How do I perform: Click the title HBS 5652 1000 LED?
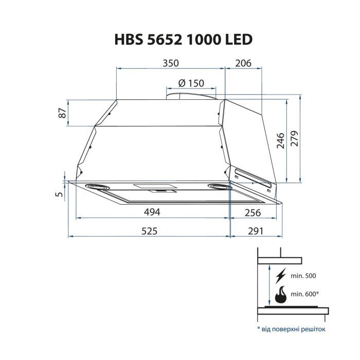coord(179,40)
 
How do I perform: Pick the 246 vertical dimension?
coord(281,140)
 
